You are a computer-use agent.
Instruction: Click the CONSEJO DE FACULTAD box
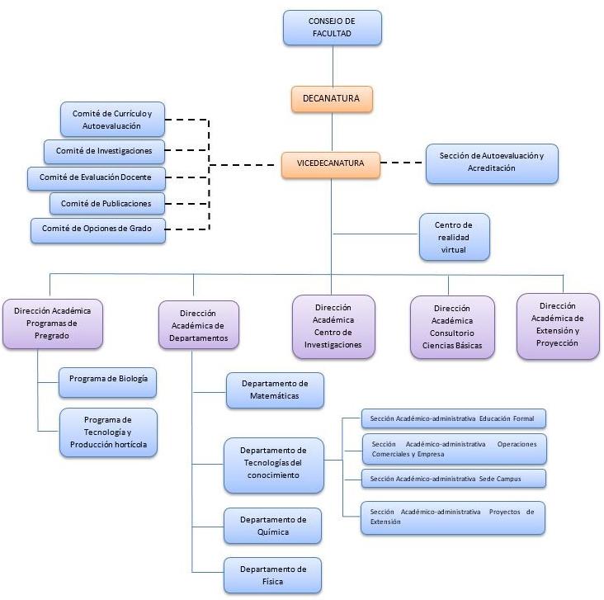332,27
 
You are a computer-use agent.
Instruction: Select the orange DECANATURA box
332,99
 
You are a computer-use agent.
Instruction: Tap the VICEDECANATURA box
332,163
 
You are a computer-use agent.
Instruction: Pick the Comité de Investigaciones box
103,151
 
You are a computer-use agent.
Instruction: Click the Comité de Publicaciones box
106,203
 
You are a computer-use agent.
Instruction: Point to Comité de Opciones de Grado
97,229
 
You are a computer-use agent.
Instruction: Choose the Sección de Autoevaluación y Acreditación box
491,163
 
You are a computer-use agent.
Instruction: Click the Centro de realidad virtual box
453,237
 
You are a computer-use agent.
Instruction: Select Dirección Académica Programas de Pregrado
52,324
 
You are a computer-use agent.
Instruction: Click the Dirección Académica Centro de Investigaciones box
333,327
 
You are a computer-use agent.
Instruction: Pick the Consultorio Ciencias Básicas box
452,328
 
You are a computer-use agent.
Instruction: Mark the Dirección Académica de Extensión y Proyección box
558,325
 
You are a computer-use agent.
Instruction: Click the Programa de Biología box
107,382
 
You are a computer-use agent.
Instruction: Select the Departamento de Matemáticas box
275,390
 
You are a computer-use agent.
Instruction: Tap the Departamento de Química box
273,526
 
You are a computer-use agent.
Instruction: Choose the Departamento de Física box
273,575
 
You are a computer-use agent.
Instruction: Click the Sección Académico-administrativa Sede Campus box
453,479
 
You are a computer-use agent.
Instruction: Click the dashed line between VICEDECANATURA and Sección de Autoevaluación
404,163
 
